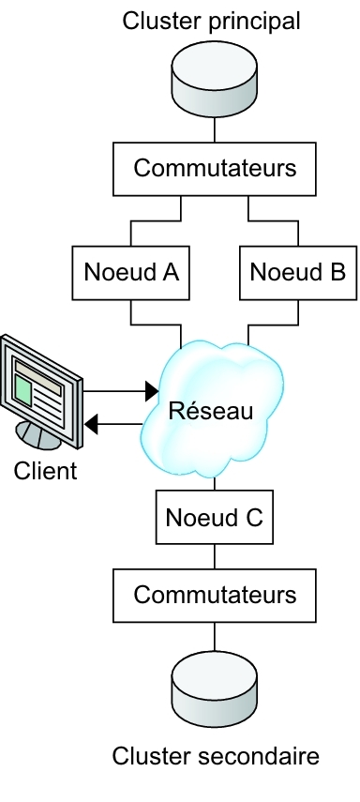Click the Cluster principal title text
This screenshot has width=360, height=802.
point(214,20)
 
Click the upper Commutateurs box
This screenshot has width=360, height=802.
point(215,168)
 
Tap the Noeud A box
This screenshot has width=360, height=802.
point(130,272)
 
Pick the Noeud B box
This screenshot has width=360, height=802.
point(298,272)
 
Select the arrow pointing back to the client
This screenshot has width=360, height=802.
point(117,425)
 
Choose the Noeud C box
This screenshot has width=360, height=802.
point(215,518)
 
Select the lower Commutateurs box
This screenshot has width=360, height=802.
point(215,594)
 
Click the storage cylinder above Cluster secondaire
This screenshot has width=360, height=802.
point(215,682)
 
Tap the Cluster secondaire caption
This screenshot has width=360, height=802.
point(215,756)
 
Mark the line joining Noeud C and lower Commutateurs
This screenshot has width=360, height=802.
point(215,555)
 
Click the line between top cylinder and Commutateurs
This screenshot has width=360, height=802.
point(215,129)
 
